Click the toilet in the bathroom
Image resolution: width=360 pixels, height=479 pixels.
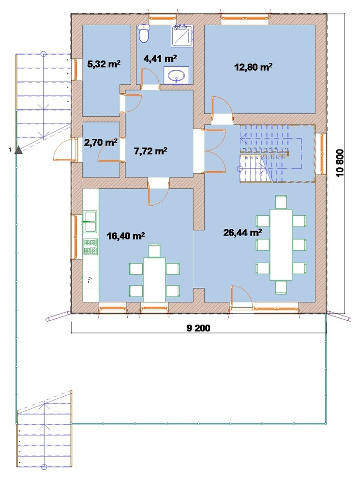(x=144, y=33)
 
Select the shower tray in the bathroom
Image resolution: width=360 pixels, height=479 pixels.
(x=182, y=36)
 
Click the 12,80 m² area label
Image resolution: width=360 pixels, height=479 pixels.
(x=254, y=67)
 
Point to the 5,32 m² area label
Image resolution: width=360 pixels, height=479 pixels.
(x=104, y=64)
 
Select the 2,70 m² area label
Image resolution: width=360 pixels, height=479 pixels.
(x=101, y=142)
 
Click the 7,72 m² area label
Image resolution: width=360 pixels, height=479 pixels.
(x=150, y=150)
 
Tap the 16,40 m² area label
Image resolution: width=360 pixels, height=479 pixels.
(x=126, y=236)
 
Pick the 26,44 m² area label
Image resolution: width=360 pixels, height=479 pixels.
(x=242, y=233)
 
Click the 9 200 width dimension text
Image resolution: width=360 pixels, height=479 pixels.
(x=198, y=328)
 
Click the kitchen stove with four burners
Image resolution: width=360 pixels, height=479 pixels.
(x=90, y=247)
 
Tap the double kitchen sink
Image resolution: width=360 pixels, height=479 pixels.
(x=90, y=222)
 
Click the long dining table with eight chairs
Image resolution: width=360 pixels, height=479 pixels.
(x=281, y=244)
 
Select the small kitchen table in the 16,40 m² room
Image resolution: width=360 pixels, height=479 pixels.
(x=154, y=280)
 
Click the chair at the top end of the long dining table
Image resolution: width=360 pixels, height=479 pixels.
(x=281, y=202)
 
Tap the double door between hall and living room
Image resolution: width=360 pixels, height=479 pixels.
(x=214, y=151)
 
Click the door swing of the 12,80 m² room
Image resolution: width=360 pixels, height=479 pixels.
(x=222, y=106)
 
